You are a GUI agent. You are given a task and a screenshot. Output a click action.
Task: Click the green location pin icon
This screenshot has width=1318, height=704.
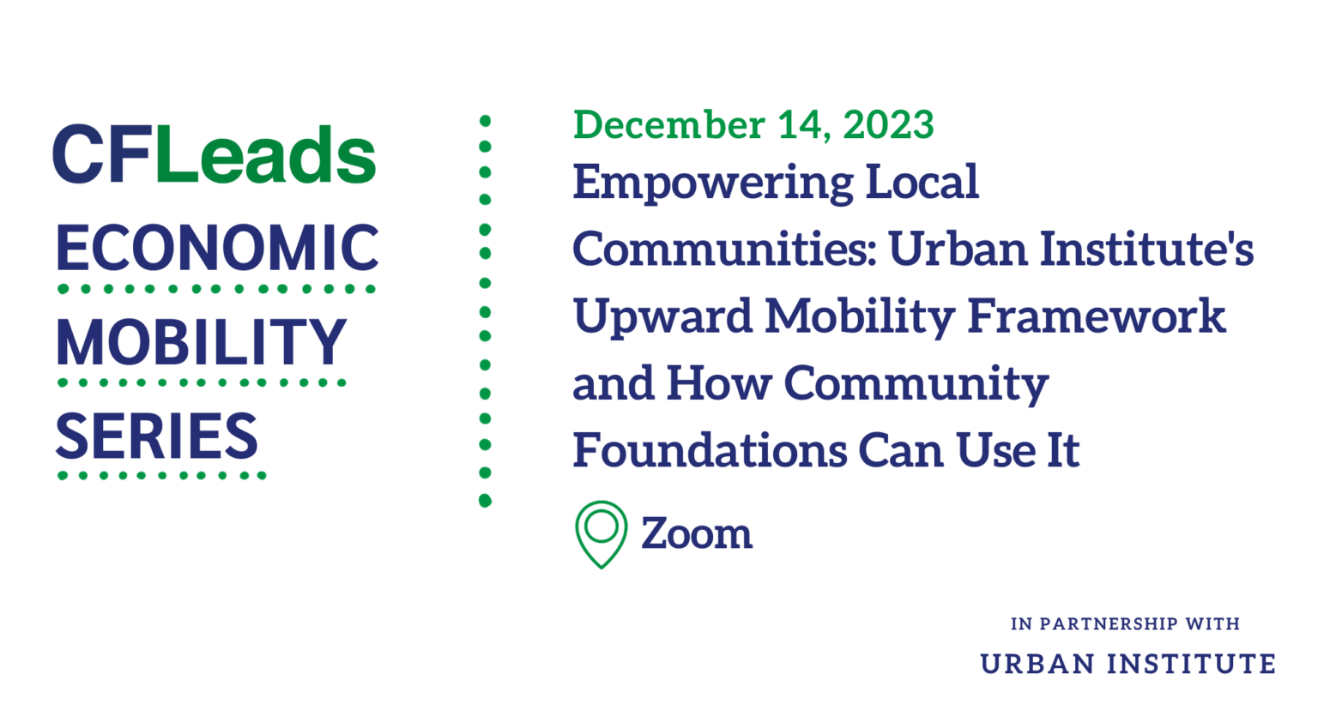coord(601,533)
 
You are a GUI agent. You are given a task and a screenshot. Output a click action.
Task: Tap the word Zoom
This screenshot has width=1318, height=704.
coord(696,533)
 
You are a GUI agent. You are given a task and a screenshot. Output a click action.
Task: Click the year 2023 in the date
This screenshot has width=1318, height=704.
coord(888,125)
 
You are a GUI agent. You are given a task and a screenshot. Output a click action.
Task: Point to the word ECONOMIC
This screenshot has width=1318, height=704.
coord(216,249)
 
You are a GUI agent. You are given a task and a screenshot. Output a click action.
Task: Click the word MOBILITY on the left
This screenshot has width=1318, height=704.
coord(201,342)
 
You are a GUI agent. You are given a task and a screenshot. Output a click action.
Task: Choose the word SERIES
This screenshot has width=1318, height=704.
coord(156,436)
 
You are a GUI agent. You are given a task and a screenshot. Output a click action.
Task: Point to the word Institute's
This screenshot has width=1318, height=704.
coord(1146,250)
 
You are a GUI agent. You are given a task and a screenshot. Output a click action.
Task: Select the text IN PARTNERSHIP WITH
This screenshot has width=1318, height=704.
coord(1125,624)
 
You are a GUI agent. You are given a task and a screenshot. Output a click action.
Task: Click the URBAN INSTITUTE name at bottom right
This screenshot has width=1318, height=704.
coord(1128,664)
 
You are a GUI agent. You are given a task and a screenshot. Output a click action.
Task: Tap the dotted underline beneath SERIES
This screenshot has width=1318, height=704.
coord(161,475)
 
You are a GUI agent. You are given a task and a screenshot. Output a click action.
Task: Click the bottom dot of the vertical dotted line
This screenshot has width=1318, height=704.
coord(485,500)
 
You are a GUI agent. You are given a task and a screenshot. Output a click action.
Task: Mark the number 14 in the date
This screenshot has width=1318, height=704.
coord(803,125)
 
